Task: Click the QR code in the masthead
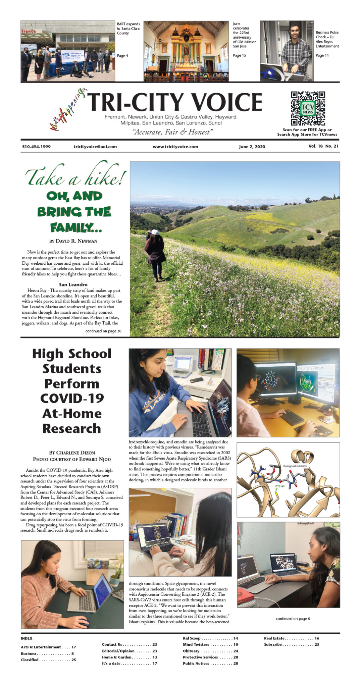pyautogui.click(x=308, y=108)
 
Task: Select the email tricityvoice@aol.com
pyautogui.click(x=95, y=147)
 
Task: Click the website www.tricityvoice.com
pyautogui.click(x=175, y=147)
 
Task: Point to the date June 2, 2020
pyautogui.click(x=252, y=147)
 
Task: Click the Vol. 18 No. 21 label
pyautogui.click(x=323, y=146)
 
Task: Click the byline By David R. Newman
pyautogui.click(x=73, y=241)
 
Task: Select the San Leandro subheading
pyautogui.click(x=73, y=284)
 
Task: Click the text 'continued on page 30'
pyautogui.click(x=103, y=331)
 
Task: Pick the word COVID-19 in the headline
pyautogui.click(x=72, y=399)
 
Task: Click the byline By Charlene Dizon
pyautogui.click(x=72, y=453)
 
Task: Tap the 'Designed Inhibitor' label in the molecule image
pyautogui.click(x=295, y=466)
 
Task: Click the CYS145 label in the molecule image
pyautogui.click(x=280, y=486)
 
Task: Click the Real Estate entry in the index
pyautogui.click(x=274, y=638)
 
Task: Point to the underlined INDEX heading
pyautogui.click(x=27, y=638)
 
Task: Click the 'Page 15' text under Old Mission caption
pyautogui.click(x=240, y=55)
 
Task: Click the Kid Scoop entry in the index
pyautogui.click(x=192, y=638)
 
